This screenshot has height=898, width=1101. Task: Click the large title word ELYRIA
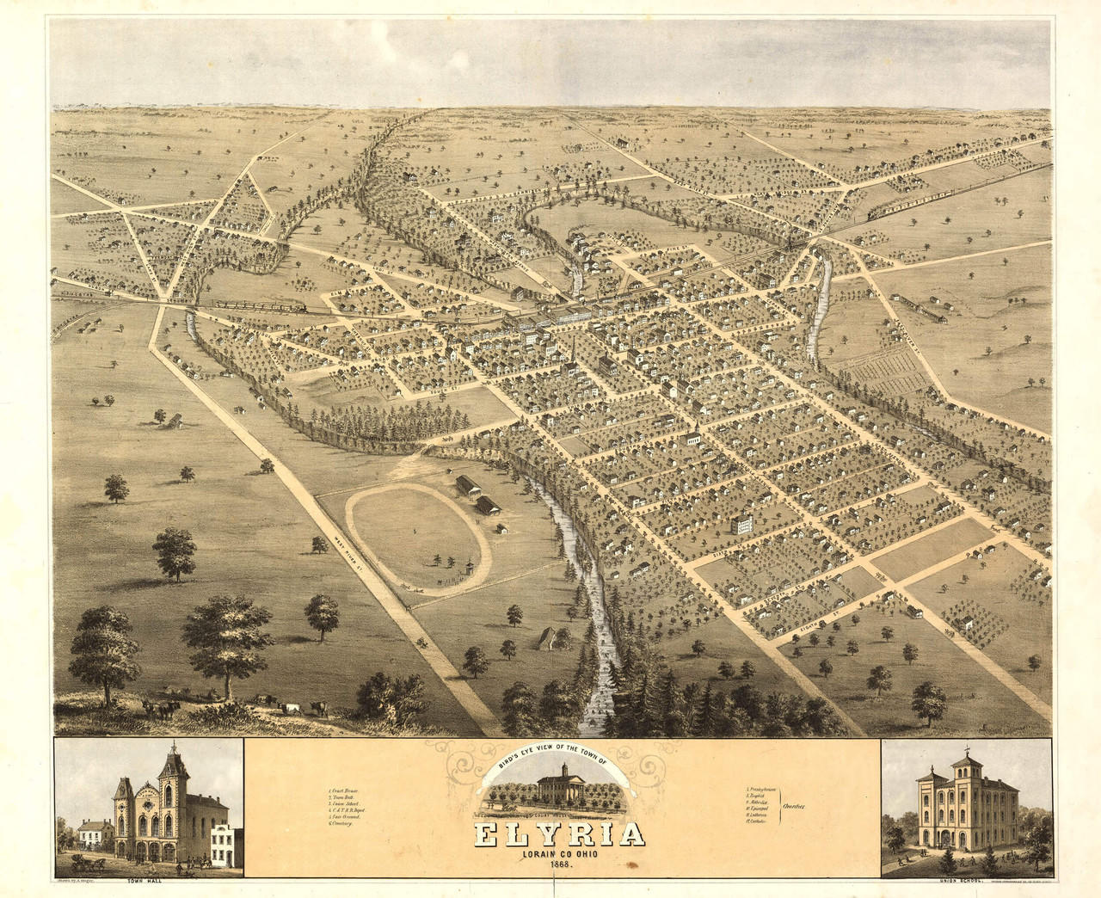tap(561, 835)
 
